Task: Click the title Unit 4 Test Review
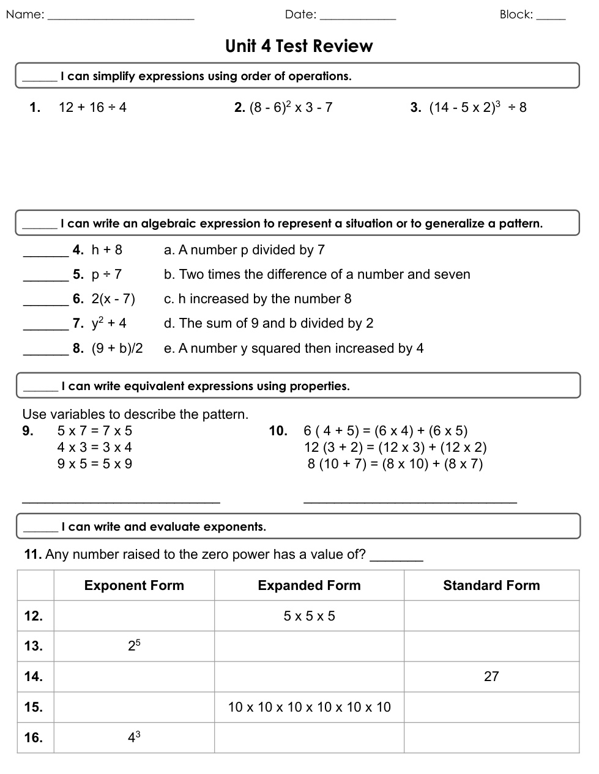(x=299, y=46)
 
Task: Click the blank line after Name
(x=121, y=18)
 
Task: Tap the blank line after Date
(x=358, y=18)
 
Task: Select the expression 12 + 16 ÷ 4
(x=92, y=108)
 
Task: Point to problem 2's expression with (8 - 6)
(x=291, y=108)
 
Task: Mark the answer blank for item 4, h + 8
(x=45, y=254)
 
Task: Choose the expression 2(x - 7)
(x=113, y=299)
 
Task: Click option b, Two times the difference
(x=317, y=275)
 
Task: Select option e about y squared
(x=294, y=348)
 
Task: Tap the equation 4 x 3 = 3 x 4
(x=94, y=448)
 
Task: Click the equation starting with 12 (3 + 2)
(x=395, y=448)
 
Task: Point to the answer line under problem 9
(x=121, y=501)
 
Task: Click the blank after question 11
(x=396, y=559)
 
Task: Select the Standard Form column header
(x=491, y=586)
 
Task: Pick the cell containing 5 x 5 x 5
(x=309, y=616)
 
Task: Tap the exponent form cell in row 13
(x=134, y=646)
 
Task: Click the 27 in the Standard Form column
(x=491, y=677)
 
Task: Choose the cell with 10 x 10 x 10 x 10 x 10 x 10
(x=309, y=707)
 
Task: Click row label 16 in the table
(x=34, y=738)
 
